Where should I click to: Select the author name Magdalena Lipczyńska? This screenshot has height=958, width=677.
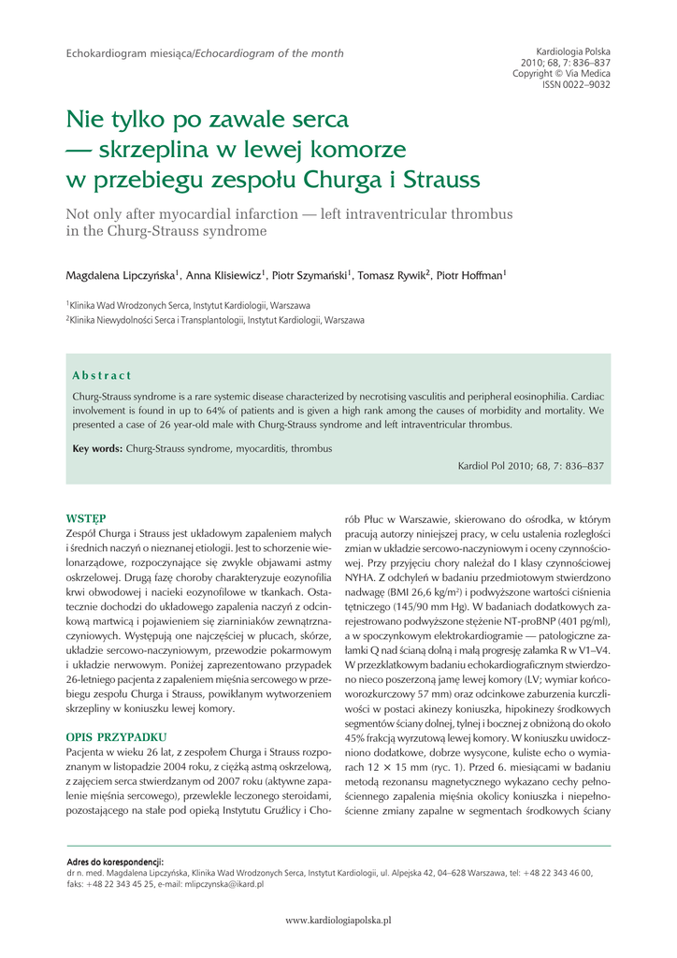coord(121,276)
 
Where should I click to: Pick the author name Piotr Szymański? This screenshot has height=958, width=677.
coord(310,276)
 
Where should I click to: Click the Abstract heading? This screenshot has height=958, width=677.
coord(102,376)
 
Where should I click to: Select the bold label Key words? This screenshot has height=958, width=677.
coord(97,449)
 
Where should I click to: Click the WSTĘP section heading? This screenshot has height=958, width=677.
coord(85,517)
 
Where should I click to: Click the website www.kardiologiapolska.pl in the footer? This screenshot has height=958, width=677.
coord(338,922)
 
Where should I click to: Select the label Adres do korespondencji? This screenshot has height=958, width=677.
coord(115,862)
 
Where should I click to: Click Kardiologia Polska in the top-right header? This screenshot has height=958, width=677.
coord(573,51)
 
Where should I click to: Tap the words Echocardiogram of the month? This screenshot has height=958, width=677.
coord(269,53)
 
